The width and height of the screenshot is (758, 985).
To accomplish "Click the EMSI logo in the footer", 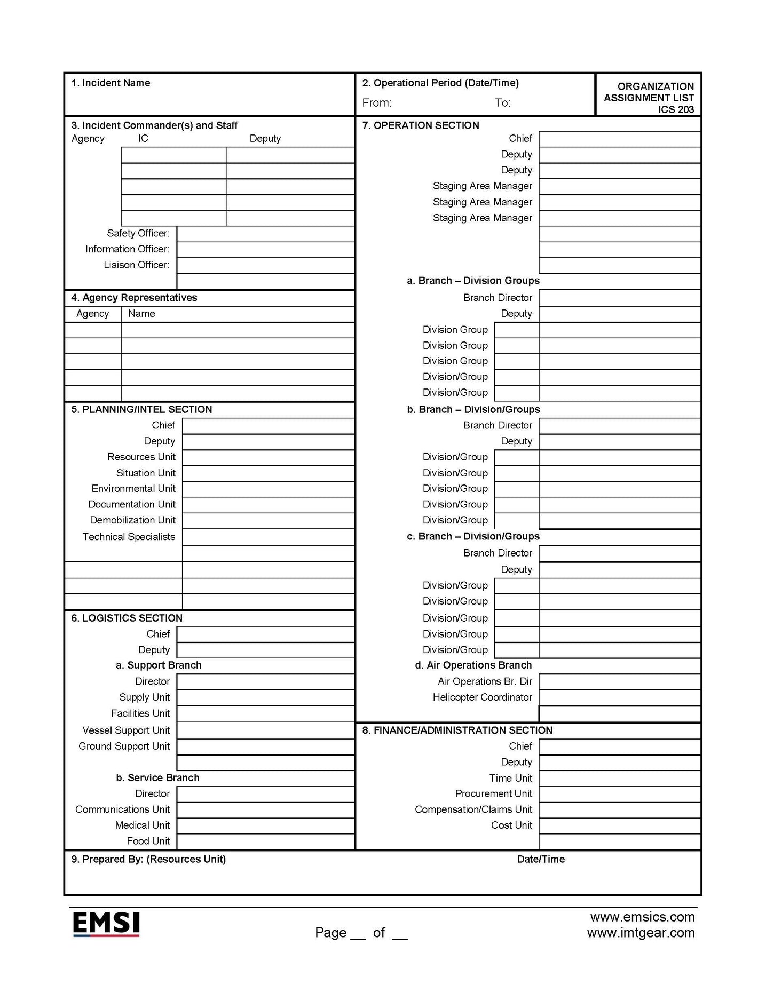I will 106,924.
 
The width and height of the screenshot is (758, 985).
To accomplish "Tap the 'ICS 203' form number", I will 676,110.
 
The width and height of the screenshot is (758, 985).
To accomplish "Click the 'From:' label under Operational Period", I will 377,103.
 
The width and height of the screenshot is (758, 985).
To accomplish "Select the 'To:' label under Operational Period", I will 502,103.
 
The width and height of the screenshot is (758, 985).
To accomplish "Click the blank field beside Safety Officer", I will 265,234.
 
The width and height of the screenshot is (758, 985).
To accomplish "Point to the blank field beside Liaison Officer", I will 265,265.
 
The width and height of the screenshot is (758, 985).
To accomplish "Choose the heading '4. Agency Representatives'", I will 134,298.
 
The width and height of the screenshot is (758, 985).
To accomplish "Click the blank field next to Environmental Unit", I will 268,489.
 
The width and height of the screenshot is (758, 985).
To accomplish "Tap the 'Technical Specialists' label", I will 129,537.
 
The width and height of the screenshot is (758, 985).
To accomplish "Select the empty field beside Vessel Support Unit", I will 265,730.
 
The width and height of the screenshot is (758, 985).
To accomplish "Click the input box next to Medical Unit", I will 265,825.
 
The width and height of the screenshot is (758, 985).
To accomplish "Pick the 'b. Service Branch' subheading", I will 158,778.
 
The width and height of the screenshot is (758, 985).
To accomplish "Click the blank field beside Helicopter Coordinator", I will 619,697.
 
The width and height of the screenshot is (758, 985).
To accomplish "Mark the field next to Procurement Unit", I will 619,794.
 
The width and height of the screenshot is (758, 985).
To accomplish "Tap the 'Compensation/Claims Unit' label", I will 473,809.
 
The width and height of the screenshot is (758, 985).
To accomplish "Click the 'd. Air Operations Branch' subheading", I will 473,665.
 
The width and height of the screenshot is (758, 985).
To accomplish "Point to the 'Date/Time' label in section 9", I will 541,860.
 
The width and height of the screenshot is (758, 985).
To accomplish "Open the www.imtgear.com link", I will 641,933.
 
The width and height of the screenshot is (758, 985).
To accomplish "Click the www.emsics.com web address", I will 642,917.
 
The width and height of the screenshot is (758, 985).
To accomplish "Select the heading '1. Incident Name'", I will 110,83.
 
